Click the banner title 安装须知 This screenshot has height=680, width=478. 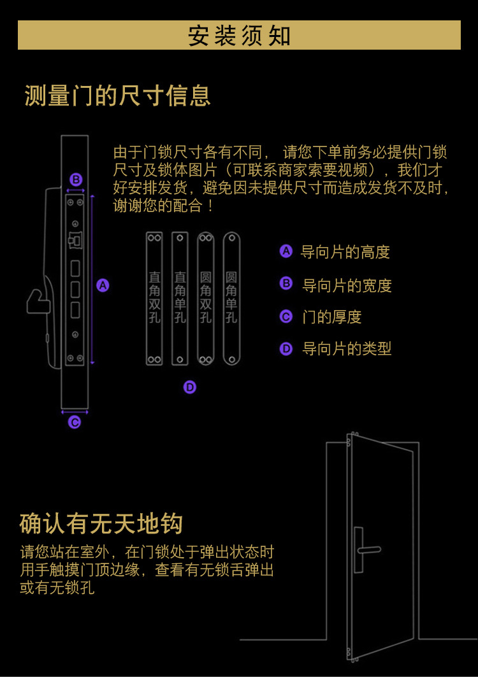pos(239,36)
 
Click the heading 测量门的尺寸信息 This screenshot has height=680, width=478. pos(117,96)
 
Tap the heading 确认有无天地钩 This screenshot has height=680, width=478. pos(101,523)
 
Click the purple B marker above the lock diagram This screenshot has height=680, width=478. pos(76,180)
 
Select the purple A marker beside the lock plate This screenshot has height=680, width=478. pos(103,285)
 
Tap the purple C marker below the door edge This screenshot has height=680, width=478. pos(75,422)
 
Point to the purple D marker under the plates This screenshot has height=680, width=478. pos(190,387)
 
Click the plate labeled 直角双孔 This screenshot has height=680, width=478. pos(154,298)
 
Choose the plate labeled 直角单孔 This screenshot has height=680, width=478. pos(180,298)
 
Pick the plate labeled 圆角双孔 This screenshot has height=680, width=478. pos(205,298)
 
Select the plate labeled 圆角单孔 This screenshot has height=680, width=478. pos(231,298)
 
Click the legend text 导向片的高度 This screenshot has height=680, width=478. pos(345,252)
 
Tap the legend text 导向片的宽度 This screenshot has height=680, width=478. pos(347,286)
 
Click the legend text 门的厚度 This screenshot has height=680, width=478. pos(331,317)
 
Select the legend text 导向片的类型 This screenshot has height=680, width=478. pos(347,349)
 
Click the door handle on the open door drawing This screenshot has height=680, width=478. pos(368,549)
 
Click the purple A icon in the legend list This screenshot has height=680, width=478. pos(286,251)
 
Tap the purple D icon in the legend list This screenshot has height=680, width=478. pos(286,349)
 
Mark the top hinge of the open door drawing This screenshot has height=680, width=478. pos(349,440)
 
